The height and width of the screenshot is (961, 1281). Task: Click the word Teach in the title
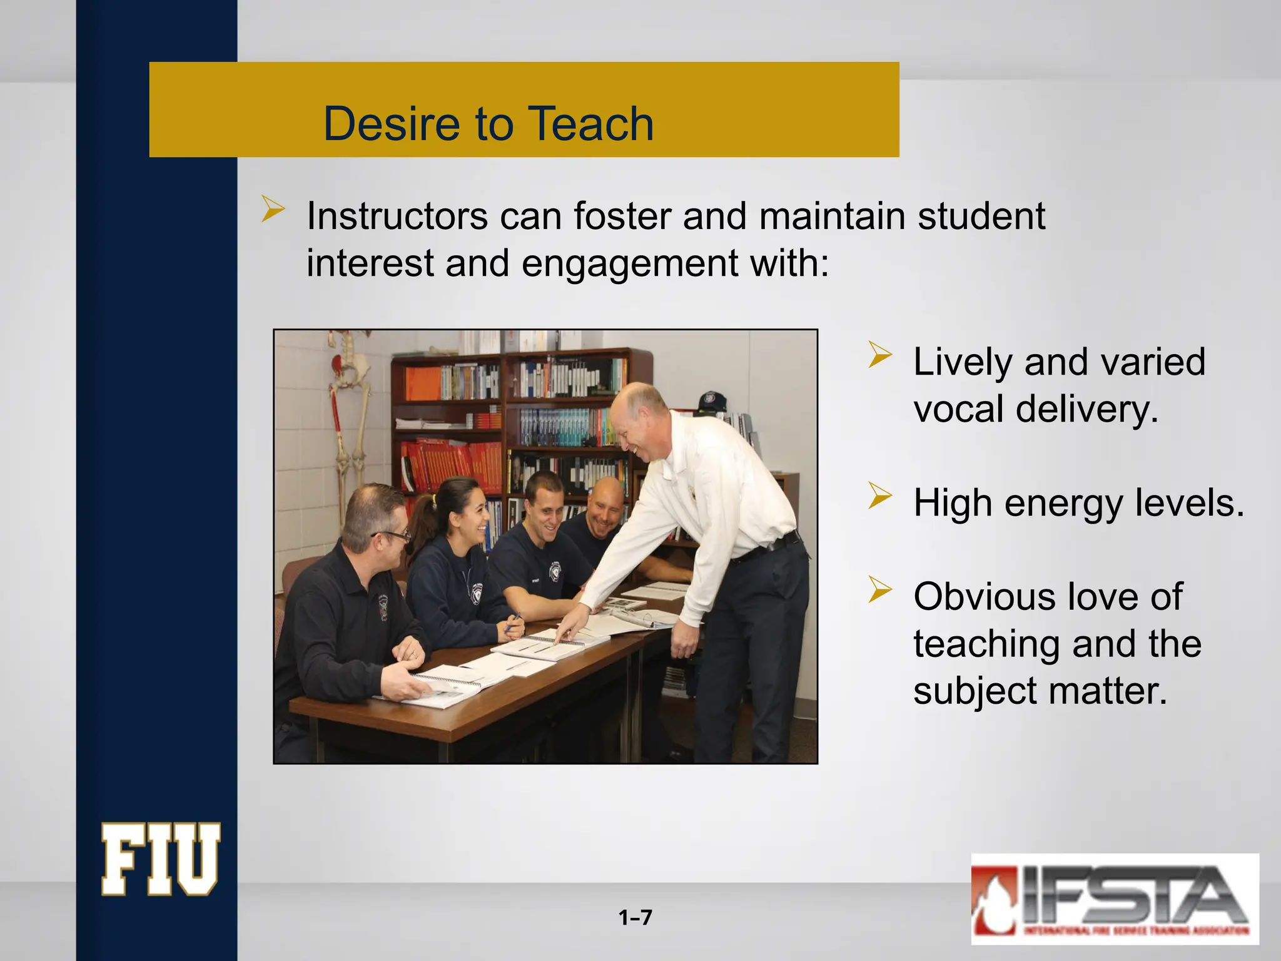pos(591,123)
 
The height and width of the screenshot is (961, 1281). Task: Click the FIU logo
pos(161,859)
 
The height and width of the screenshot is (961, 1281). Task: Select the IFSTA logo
pos(1114,898)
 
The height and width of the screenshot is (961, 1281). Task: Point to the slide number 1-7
pos(635,918)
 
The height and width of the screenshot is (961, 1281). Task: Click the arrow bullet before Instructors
pos(273,208)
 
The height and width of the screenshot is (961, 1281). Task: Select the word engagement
pos(629,263)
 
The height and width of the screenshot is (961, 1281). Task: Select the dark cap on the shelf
pos(711,400)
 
